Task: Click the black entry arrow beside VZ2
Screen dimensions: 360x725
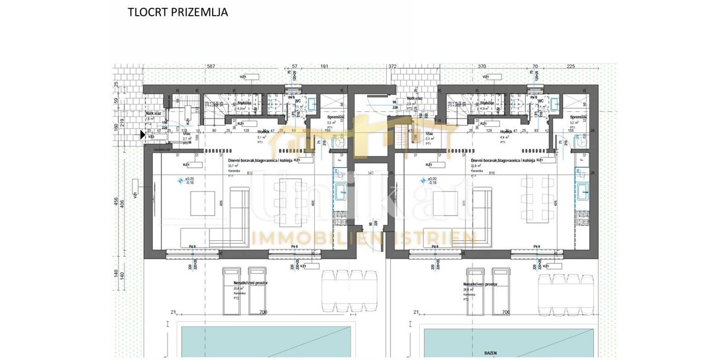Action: pyautogui.click(x=143, y=135)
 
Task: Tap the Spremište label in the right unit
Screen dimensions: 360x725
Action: pyautogui.click(x=578, y=117)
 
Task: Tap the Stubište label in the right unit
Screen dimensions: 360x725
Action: pyautogui.click(x=486, y=103)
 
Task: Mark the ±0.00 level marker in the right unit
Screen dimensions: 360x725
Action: pyautogui.click(x=431, y=179)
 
